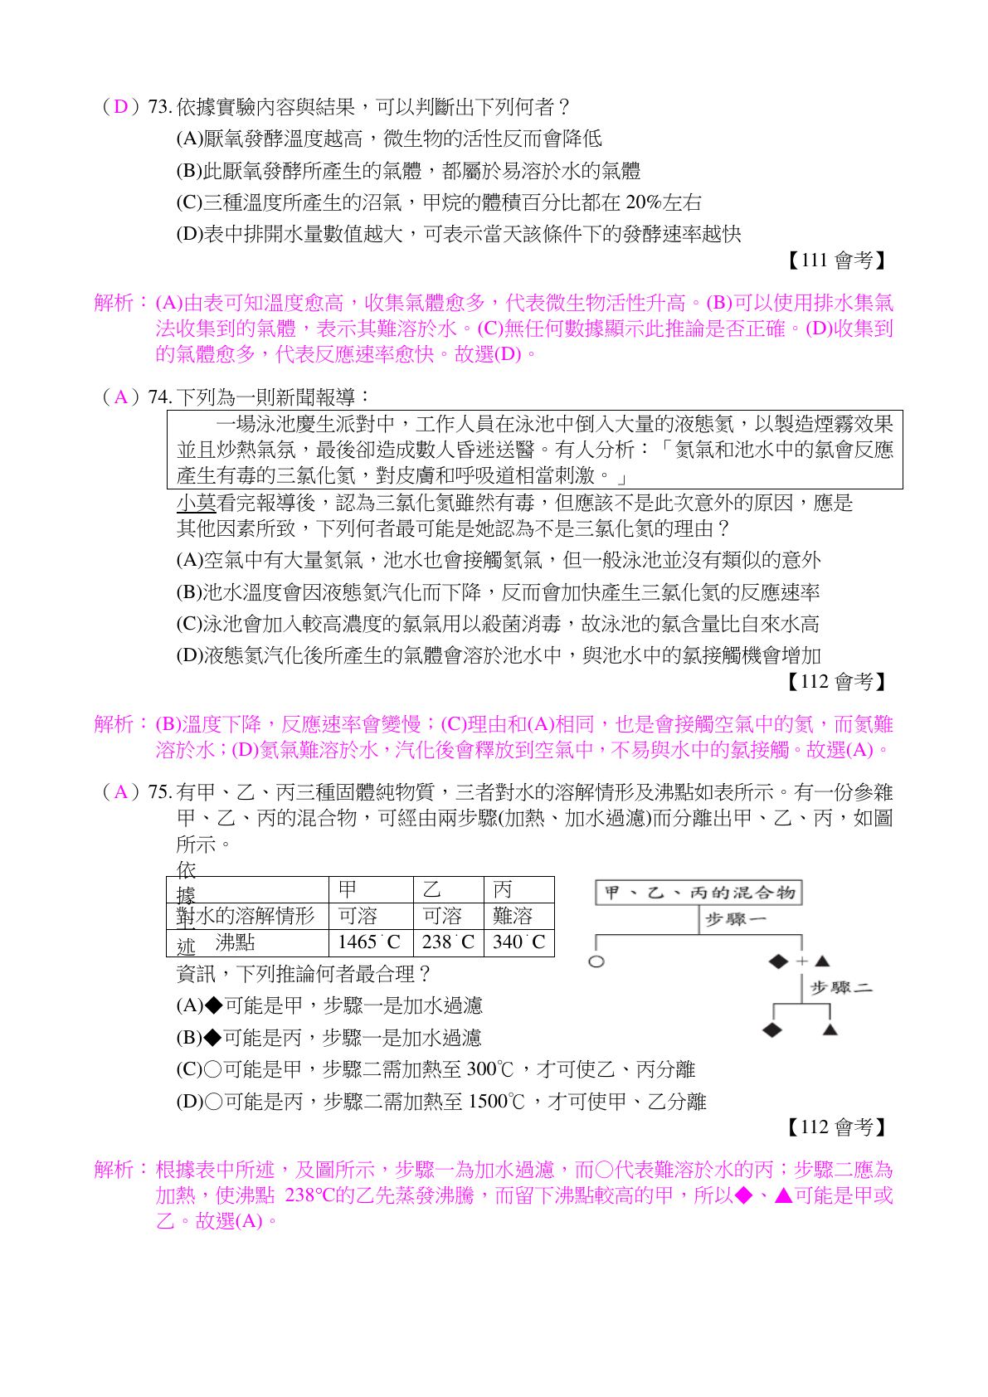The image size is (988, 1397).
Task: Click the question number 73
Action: [x=159, y=107]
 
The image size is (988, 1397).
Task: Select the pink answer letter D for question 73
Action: [x=121, y=107]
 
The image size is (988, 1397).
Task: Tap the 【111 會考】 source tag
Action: [x=835, y=260]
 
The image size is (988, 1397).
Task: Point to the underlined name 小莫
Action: [x=196, y=503]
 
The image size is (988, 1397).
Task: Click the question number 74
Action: [x=159, y=397]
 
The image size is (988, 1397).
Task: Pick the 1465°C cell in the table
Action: [x=370, y=942]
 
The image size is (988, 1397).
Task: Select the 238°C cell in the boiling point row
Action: [x=448, y=942]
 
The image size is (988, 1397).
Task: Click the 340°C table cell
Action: [x=518, y=942]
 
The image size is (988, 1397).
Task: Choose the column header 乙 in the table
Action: [x=432, y=889]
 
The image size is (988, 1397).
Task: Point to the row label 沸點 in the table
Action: [x=235, y=942]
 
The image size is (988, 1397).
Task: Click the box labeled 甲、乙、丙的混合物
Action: [x=698, y=893]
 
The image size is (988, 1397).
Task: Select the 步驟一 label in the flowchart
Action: [x=735, y=919]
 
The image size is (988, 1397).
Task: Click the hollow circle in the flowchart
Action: [x=596, y=961]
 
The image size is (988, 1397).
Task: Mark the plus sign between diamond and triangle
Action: [x=801, y=961]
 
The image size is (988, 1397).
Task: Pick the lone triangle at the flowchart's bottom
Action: [x=830, y=1030]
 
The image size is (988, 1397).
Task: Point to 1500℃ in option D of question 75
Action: [x=497, y=1102]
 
